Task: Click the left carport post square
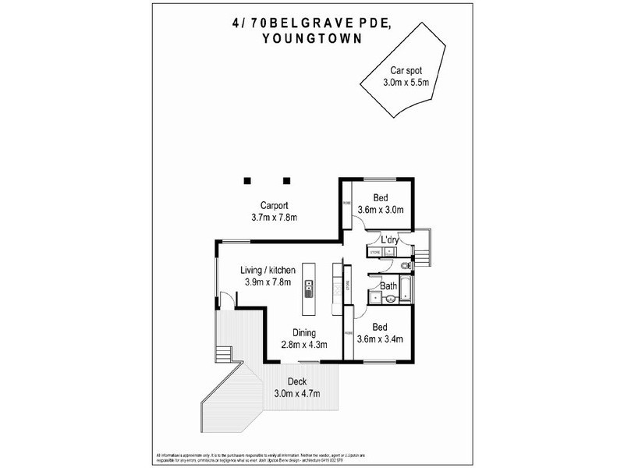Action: click(246, 180)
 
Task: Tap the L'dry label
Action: click(389, 241)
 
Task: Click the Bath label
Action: click(388, 285)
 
